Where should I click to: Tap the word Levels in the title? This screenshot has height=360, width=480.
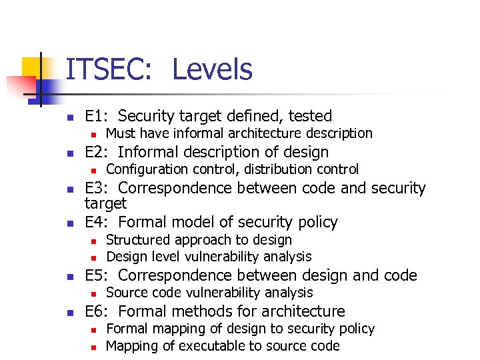(212, 70)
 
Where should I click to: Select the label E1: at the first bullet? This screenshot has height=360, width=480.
(99, 116)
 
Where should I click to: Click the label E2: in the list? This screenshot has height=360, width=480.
(99, 152)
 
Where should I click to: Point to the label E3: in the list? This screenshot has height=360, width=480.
(99, 188)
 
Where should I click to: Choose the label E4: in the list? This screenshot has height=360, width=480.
(99, 221)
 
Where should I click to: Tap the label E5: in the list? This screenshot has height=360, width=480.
(99, 275)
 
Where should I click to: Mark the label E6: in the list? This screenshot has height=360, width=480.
(99, 311)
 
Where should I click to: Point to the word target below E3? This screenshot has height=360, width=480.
(105, 203)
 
